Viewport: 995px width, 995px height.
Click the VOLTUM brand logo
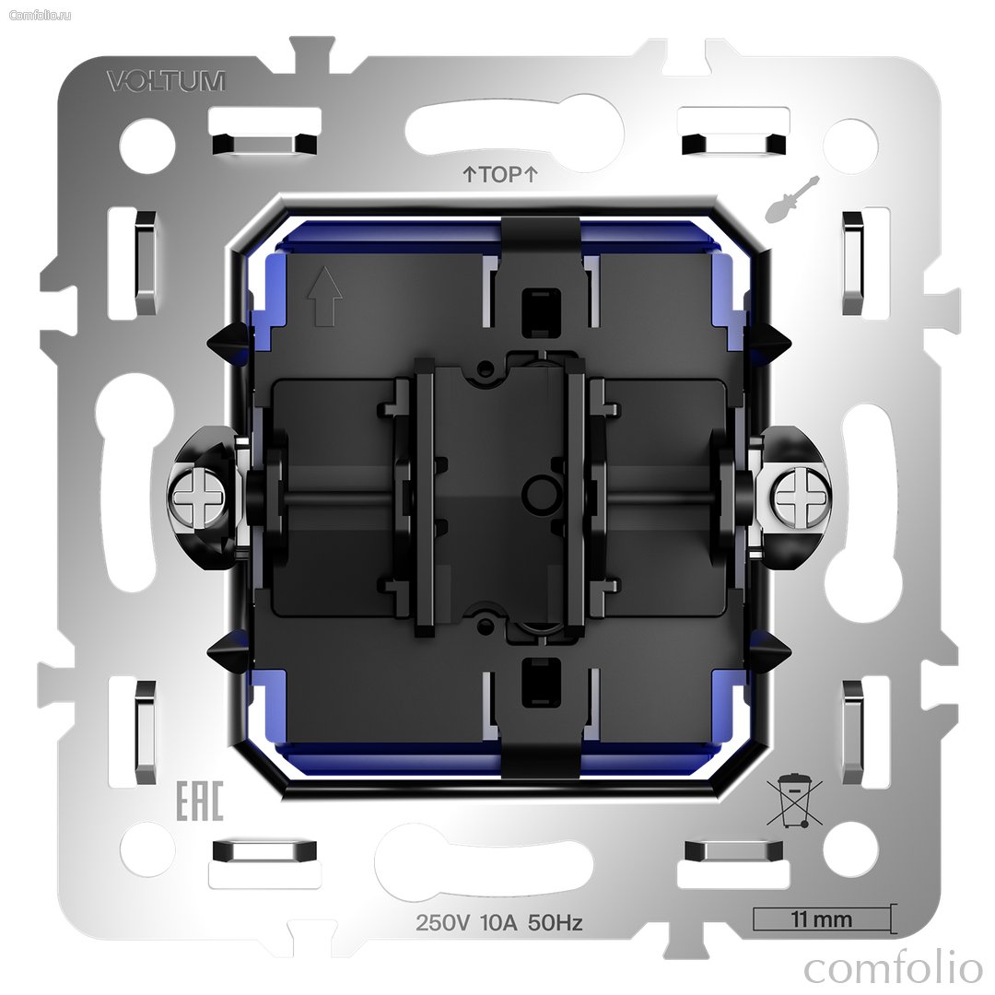pos(166,81)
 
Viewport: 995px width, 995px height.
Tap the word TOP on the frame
pos(500,174)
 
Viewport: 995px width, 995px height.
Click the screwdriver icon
pos(792,199)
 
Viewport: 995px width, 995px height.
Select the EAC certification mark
pos(199,801)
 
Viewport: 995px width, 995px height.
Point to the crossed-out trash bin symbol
pos(794,801)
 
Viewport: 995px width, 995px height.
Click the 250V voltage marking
pos(442,922)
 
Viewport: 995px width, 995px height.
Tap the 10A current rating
pos(499,922)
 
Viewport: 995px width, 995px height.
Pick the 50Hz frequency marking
pos(556,922)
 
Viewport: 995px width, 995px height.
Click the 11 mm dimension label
pos(821,919)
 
